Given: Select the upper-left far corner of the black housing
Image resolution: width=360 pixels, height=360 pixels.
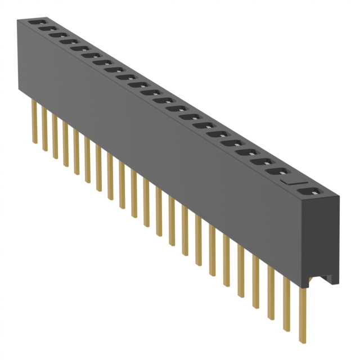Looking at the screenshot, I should click(17, 20).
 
